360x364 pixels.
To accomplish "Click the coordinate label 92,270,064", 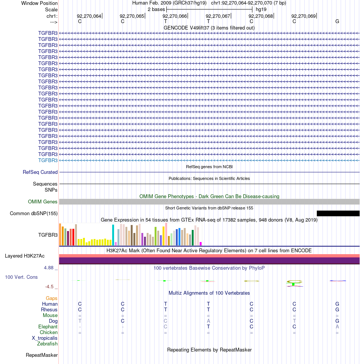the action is pos(89,16).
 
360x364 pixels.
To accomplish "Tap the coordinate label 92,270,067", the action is pos(218,16).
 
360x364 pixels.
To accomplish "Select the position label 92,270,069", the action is pos(304,16).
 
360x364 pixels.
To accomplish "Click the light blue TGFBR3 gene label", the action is pos(48,161).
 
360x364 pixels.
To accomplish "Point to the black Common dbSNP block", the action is pos(338,213).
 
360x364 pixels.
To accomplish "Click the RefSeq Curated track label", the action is pos(40,172).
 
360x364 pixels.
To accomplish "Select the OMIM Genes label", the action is pos(43,202).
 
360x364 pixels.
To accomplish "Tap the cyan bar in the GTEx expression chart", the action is pos(113,235).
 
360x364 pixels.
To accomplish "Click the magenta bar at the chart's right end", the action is pos(201,244).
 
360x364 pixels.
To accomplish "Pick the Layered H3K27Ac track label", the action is pos(25,256).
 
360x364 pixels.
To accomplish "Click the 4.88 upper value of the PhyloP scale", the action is pos(49,268).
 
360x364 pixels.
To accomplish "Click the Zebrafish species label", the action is pos(47,344).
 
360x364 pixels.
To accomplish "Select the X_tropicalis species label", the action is pos(45,338).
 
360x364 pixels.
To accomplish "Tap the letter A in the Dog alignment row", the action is pos(208,321).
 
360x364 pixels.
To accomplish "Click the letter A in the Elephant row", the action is pos(337,327).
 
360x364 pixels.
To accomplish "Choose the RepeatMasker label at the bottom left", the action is pos(42,355).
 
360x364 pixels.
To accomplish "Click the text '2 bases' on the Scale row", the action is pos(156,9).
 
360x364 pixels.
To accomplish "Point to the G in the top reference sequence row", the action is pos(337,21).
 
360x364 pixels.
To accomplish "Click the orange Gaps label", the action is pos(52,298).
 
